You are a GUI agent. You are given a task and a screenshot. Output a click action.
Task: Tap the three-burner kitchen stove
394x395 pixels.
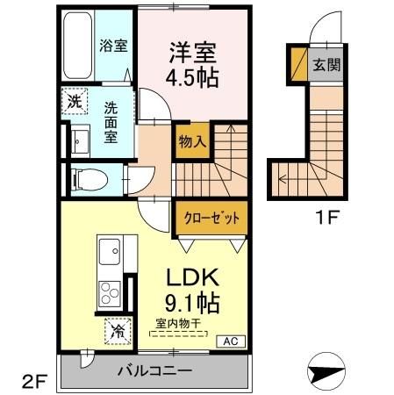click(x=112, y=293)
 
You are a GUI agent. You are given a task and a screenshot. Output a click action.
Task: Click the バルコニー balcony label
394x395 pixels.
click(x=155, y=371)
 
